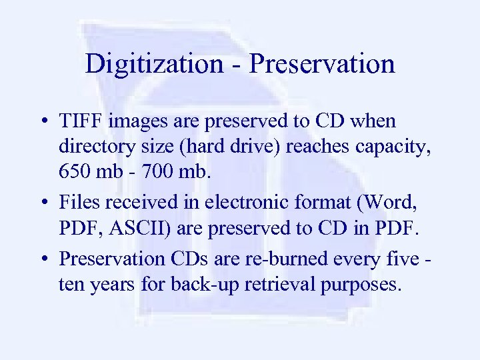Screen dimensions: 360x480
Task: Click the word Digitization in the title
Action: [x=153, y=65]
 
